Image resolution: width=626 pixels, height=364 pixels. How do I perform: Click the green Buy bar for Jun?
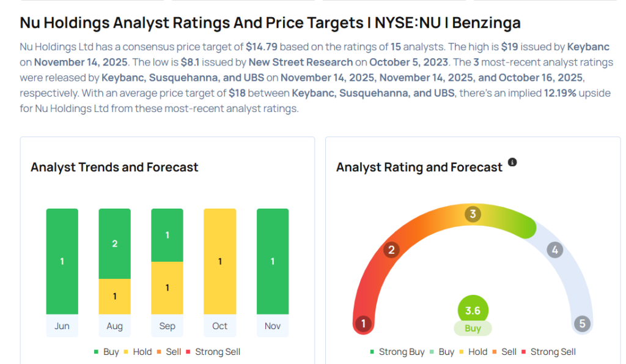62,261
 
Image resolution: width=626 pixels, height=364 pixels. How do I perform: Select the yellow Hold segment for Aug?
114,296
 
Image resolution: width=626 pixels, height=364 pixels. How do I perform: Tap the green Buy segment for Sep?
167,236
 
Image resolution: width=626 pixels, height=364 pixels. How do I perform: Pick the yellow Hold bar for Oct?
219,261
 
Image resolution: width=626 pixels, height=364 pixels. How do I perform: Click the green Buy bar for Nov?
272,261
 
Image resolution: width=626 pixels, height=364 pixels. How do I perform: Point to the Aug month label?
114,326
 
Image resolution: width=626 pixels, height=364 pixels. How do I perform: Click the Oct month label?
219,326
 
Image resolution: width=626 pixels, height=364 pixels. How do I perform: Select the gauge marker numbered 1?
363,324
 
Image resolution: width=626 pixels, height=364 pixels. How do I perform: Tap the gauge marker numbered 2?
391,250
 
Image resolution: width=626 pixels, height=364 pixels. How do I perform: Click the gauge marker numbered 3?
472,214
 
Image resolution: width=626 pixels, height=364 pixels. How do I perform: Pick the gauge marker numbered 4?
554,250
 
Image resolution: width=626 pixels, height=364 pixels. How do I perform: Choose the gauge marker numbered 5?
581,324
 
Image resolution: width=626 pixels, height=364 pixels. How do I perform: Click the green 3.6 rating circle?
473,311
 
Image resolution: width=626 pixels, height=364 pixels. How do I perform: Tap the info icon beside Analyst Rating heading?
512,162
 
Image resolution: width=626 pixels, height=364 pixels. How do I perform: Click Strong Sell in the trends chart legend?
218,352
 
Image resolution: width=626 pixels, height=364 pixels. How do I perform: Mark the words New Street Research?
301,62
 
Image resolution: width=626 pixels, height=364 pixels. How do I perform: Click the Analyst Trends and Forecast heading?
114,167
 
